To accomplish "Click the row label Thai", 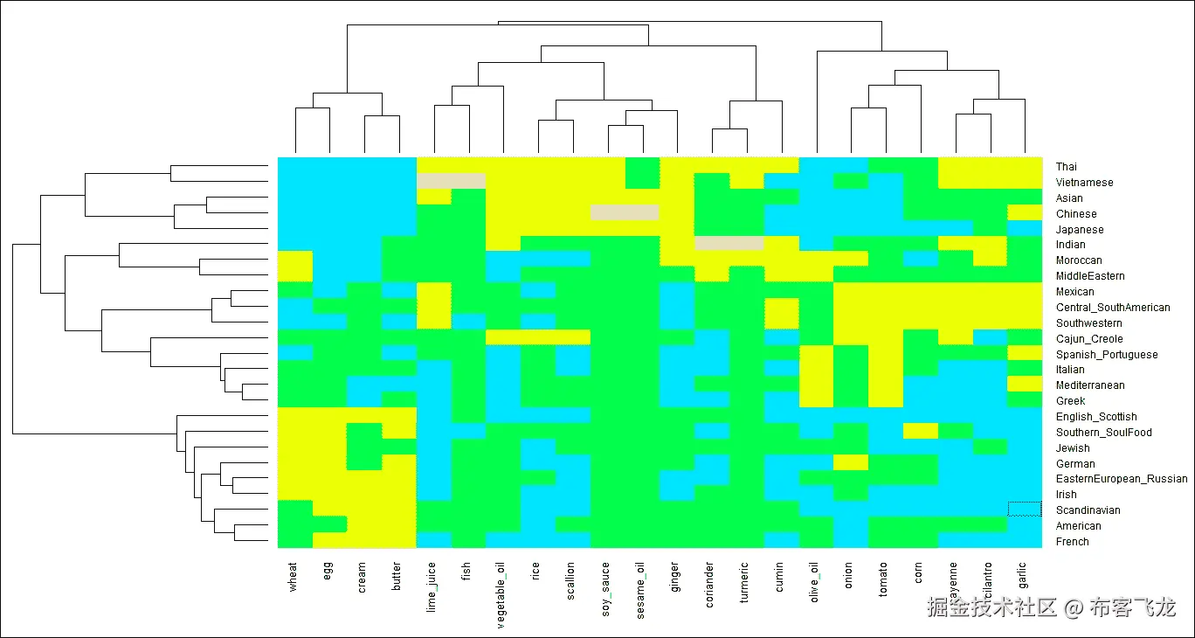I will (1066, 167).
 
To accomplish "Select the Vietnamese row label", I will (1084, 183).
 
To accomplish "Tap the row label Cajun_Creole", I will (1089, 339).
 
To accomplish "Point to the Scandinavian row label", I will (1088, 510).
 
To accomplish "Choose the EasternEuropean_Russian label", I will (1122, 479).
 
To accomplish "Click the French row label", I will (1072, 542).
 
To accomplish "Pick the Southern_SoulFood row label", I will (1103, 433).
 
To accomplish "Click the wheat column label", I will (294, 577).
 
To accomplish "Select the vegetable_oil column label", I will (502, 592).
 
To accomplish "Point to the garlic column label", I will (1024, 576).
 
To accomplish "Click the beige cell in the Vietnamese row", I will (451, 181).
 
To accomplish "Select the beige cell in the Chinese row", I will (624, 212).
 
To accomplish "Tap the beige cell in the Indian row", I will (729, 244).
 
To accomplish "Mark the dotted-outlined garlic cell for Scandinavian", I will (1025, 509).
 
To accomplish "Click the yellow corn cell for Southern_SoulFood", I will (920, 431).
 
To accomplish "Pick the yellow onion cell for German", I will (850, 462).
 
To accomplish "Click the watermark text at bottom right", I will (1051, 607).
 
